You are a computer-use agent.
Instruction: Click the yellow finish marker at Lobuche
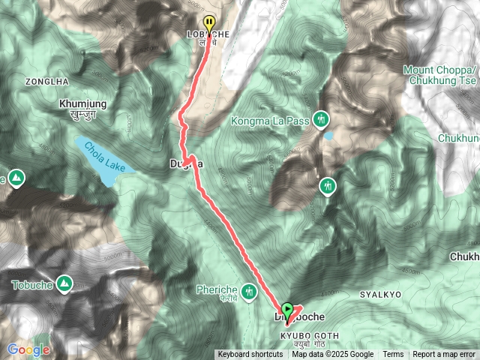pyautogui.click(x=209, y=22)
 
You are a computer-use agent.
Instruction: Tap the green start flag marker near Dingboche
pyautogui.click(x=287, y=308)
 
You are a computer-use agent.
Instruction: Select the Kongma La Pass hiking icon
pyautogui.click(x=322, y=118)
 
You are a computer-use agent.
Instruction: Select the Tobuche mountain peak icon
pyautogui.click(x=65, y=284)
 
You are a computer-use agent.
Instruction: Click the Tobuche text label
pyautogui.click(x=33, y=284)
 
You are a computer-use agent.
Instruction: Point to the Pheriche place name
pyautogui.click(x=217, y=289)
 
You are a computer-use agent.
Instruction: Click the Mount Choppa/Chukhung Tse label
pyautogui.click(x=441, y=76)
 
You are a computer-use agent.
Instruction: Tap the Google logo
pyautogui.click(x=28, y=349)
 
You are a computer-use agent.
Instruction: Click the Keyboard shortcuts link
pyautogui.click(x=250, y=355)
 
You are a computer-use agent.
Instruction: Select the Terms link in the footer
pyautogui.click(x=393, y=355)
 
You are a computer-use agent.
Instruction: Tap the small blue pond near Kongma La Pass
pyautogui.click(x=328, y=136)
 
